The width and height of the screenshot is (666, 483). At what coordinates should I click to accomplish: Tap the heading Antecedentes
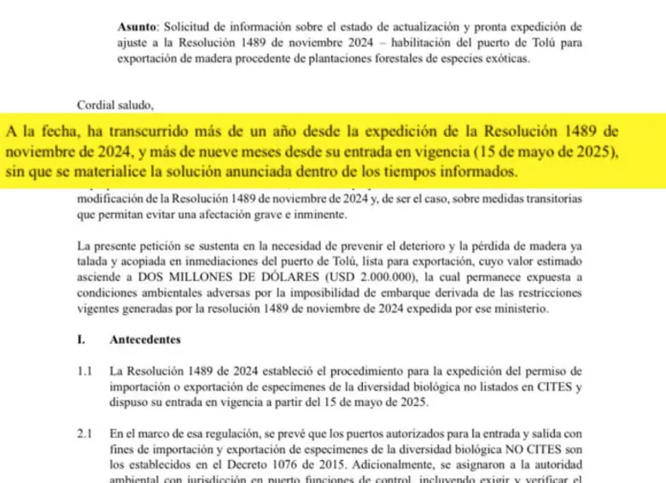[145, 339]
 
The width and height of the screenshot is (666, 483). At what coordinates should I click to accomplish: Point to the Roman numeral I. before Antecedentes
[80, 339]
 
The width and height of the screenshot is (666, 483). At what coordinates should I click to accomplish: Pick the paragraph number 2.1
[84, 434]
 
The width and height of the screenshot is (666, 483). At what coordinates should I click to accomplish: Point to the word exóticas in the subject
[505, 59]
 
